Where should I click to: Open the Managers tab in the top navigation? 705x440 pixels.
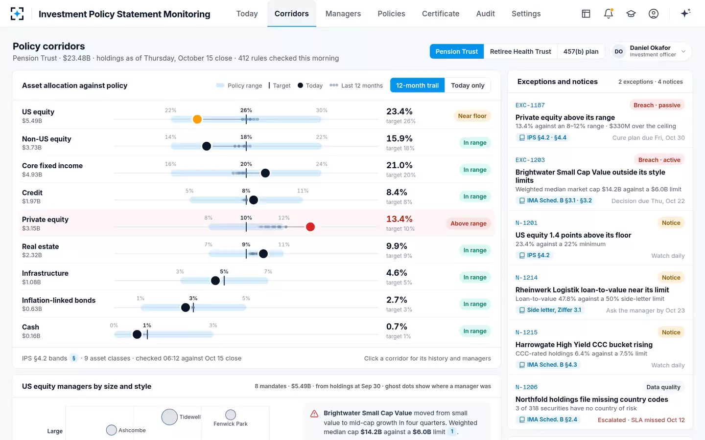[x=343, y=14]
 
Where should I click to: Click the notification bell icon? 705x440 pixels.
[x=609, y=14]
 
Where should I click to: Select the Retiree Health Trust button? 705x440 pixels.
[x=520, y=51]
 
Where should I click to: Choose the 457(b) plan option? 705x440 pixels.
[x=581, y=51]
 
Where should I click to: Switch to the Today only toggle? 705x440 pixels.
[x=468, y=85]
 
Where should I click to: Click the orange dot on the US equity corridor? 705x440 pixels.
[x=197, y=119]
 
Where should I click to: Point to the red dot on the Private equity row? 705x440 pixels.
[x=310, y=227]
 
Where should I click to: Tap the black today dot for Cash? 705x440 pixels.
[x=137, y=334]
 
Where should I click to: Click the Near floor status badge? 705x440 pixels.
[x=472, y=116]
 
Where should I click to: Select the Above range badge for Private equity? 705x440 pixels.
[x=469, y=223]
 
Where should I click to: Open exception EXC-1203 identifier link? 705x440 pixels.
[x=530, y=160]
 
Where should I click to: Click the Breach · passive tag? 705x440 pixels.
[x=657, y=105]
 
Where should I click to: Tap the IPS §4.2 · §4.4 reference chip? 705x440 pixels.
[x=542, y=138]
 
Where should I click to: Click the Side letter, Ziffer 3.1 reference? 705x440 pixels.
[x=550, y=310]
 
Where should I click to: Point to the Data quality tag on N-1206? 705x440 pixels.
[x=663, y=387]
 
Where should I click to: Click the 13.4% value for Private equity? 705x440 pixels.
[x=399, y=219]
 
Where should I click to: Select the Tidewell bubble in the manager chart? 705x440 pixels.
[x=169, y=417]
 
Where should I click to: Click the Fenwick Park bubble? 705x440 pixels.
[x=231, y=415]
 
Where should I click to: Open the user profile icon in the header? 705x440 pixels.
[x=654, y=14]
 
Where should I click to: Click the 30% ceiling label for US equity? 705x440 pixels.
[x=322, y=110]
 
